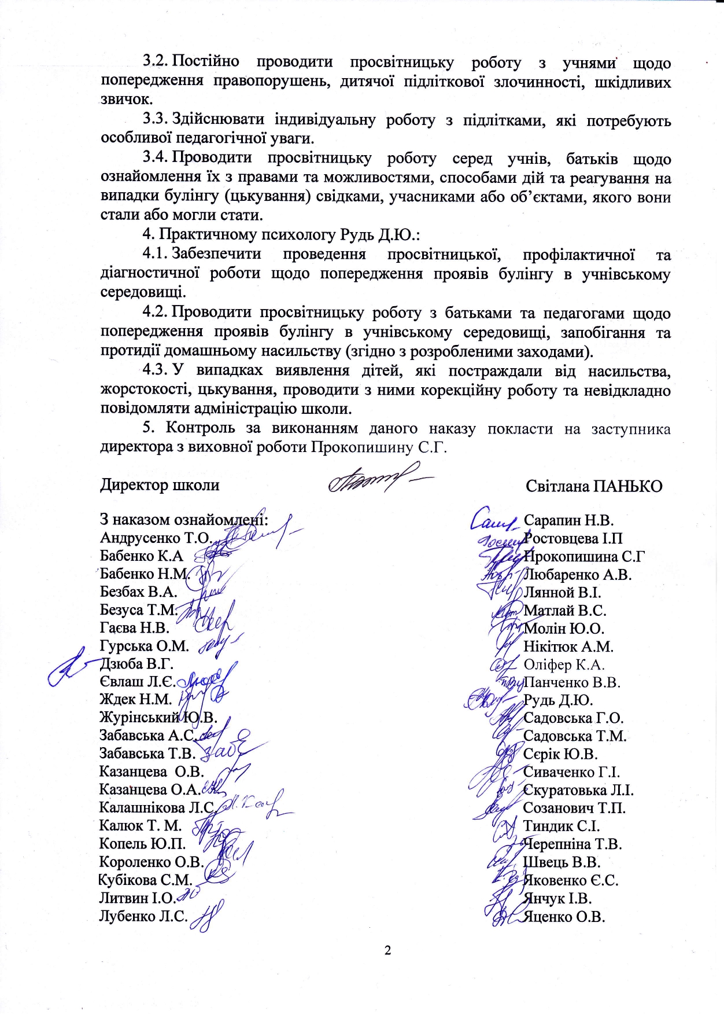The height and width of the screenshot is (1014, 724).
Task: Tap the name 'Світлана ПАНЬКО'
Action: tap(594, 486)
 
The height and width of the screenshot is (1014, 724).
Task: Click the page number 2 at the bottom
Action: tap(387, 950)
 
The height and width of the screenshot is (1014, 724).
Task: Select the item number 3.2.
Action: tap(156, 62)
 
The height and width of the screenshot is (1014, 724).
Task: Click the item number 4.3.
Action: tap(156, 370)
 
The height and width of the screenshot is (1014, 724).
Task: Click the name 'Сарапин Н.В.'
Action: tap(568, 520)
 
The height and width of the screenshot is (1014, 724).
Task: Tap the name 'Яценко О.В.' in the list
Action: tap(564, 917)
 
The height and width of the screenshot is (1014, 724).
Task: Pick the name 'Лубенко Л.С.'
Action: tap(143, 916)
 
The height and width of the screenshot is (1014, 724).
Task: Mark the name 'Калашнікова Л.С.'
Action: tap(157, 807)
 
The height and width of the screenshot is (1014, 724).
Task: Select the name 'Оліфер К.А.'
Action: tap(564, 665)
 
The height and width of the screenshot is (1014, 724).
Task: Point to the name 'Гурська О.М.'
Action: tap(145, 646)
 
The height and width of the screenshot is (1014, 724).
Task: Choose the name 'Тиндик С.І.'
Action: tap(561, 826)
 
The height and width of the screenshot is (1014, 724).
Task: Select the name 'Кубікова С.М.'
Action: tap(145, 880)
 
